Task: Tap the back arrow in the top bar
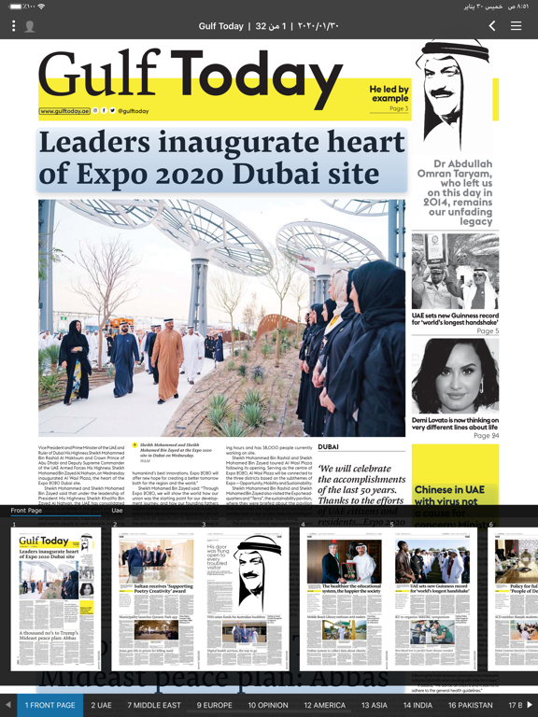click(x=492, y=26)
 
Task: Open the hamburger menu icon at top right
click(x=516, y=26)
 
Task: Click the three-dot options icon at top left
click(x=13, y=26)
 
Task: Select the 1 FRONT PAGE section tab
click(x=50, y=705)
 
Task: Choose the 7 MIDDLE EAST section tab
click(x=155, y=705)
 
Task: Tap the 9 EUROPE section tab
click(x=215, y=705)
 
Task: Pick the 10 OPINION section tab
click(x=268, y=705)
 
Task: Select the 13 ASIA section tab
click(x=375, y=705)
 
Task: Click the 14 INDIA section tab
click(x=418, y=705)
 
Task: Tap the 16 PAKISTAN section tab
click(x=471, y=705)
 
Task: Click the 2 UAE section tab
click(x=101, y=705)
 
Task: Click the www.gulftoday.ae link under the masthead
click(x=64, y=111)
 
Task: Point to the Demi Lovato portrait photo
click(x=455, y=375)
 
